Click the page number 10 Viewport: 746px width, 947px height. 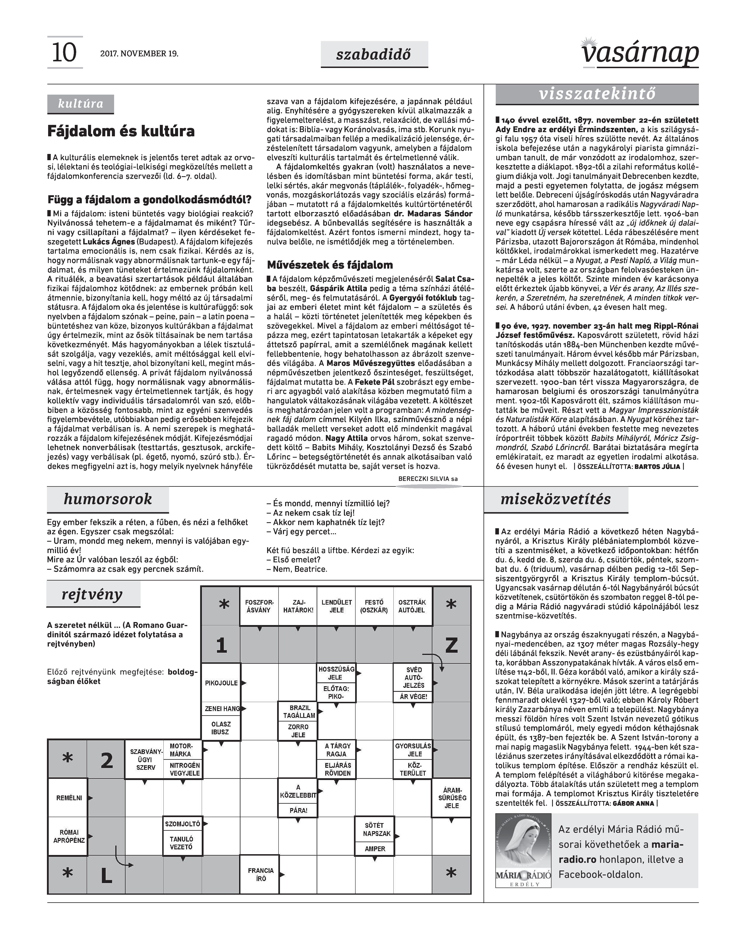click(64, 53)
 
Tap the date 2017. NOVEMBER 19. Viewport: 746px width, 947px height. click(139, 54)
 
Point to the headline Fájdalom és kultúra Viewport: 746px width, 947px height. click(121, 131)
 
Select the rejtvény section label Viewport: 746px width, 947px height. click(93, 594)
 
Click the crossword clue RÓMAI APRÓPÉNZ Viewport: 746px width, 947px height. click(69, 836)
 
